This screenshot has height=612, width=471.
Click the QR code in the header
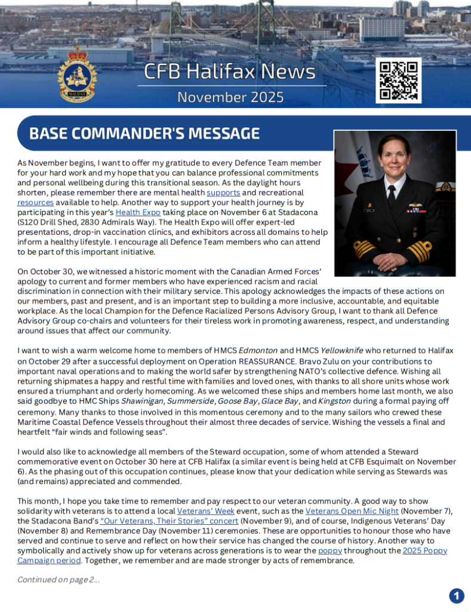[x=398, y=80]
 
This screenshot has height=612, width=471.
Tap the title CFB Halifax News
[x=229, y=72]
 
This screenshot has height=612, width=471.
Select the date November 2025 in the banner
[x=230, y=97]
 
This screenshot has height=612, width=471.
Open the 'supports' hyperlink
[x=223, y=192]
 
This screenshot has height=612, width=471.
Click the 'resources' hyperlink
[x=35, y=203]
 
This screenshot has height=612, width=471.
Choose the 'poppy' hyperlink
[x=330, y=550]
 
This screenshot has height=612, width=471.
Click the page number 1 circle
[x=456, y=595]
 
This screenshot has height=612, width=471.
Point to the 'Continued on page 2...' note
[x=58, y=579]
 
